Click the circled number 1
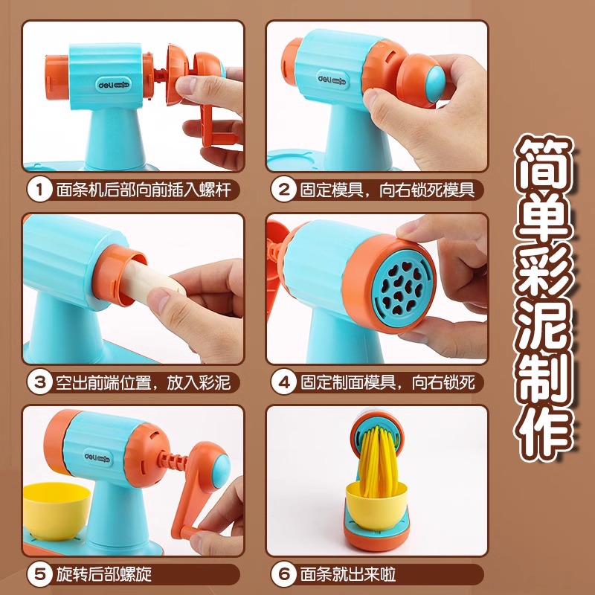pyautogui.click(x=39, y=190)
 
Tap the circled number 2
pyautogui.click(x=283, y=190)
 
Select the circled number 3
pyautogui.click(x=39, y=382)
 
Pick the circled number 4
pyautogui.click(x=283, y=382)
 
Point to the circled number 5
pyautogui.click(x=39, y=574)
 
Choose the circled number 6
pyautogui.click(x=283, y=574)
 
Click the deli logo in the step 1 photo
pyautogui.click(x=114, y=85)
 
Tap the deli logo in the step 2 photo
pyautogui.click(x=332, y=80)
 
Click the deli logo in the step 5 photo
pyautogui.click(x=97, y=457)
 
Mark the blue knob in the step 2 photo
pyautogui.click(x=435, y=83)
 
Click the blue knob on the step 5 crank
pyautogui.click(x=221, y=472)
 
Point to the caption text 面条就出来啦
pyautogui.click(x=348, y=574)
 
